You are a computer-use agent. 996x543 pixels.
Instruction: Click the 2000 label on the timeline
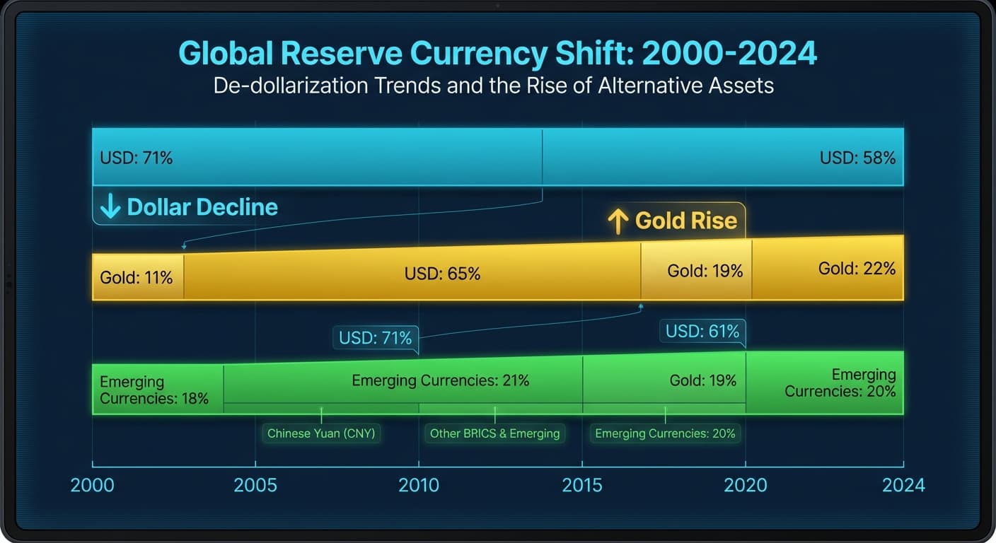(x=92, y=485)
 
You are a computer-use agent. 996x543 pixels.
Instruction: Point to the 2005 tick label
(x=255, y=485)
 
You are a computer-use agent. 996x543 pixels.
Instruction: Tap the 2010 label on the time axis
(x=418, y=485)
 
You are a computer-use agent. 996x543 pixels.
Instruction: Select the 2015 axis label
(x=582, y=485)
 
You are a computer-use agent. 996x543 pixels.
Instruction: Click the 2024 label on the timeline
(x=903, y=485)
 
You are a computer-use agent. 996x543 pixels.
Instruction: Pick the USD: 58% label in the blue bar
(x=857, y=158)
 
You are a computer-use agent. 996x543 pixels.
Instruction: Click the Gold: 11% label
(x=137, y=277)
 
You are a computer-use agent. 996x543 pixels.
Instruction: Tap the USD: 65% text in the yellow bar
(x=442, y=274)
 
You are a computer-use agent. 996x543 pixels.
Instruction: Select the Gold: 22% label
(x=857, y=269)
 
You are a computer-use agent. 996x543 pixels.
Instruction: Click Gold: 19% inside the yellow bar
(x=705, y=271)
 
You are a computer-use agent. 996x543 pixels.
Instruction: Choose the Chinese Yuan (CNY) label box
(x=321, y=433)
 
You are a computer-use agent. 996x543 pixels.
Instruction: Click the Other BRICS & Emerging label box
(x=494, y=433)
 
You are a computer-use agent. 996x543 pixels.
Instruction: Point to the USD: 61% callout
(x=702, y=331)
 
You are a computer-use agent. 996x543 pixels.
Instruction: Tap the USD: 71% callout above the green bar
(x=375, y=338)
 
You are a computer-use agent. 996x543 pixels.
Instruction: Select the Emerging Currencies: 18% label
(x=154, y=390)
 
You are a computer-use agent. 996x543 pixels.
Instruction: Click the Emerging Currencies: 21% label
(x=440, y=380)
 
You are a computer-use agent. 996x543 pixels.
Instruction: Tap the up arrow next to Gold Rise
(x=618, y=221)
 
